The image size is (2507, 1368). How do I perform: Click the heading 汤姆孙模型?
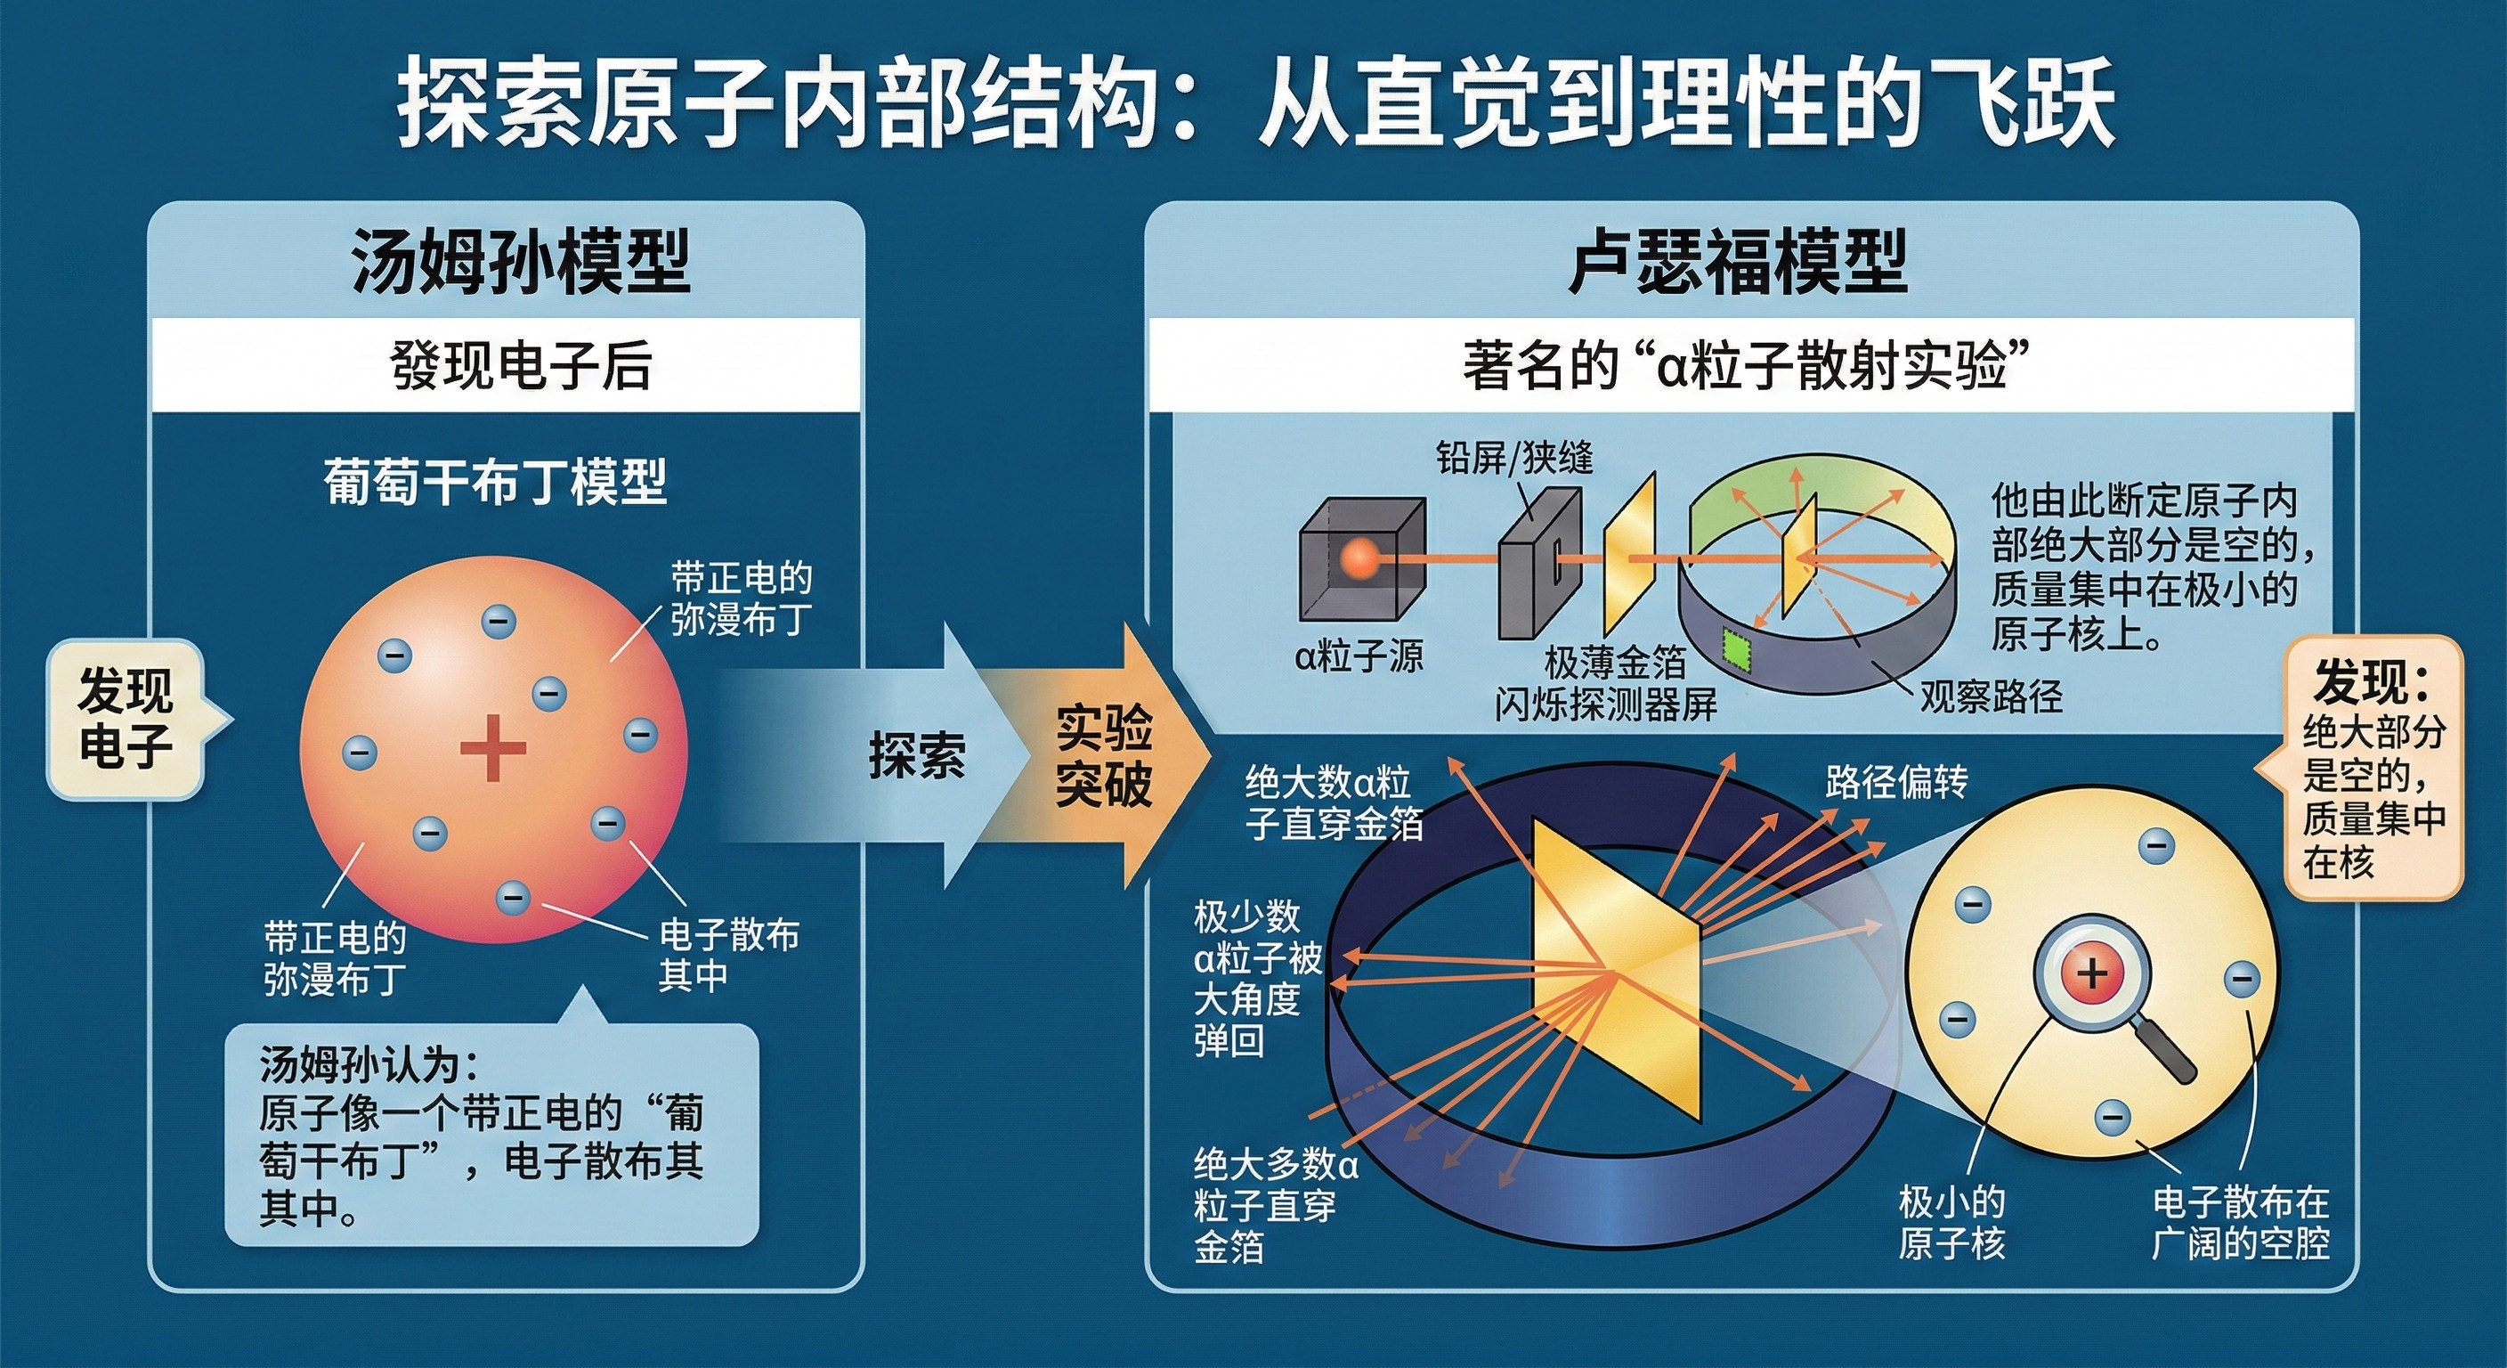[521, 262]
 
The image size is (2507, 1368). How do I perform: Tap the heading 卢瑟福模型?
[1737, 262]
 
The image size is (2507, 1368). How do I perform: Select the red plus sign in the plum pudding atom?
[493, 748]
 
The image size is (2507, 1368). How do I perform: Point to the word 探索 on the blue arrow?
[917, 754]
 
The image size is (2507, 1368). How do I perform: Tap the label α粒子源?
[1359, 657]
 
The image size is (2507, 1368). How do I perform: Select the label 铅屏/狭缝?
[1514, 458]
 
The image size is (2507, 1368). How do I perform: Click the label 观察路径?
[1992, 696]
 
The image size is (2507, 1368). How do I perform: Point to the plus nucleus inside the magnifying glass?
[2091, 973]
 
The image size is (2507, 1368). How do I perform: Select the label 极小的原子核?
[1952, 1223]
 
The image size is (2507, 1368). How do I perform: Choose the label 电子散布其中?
[729, 954]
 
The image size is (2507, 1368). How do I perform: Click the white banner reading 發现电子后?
[506, 365]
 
